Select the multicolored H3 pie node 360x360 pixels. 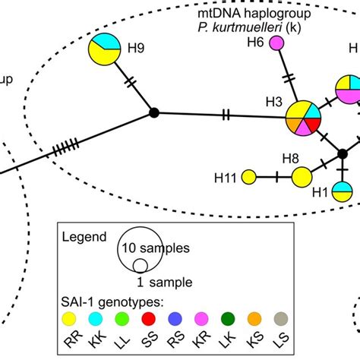[x=304, y=118]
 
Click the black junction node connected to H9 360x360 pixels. [x=154, y=113]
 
